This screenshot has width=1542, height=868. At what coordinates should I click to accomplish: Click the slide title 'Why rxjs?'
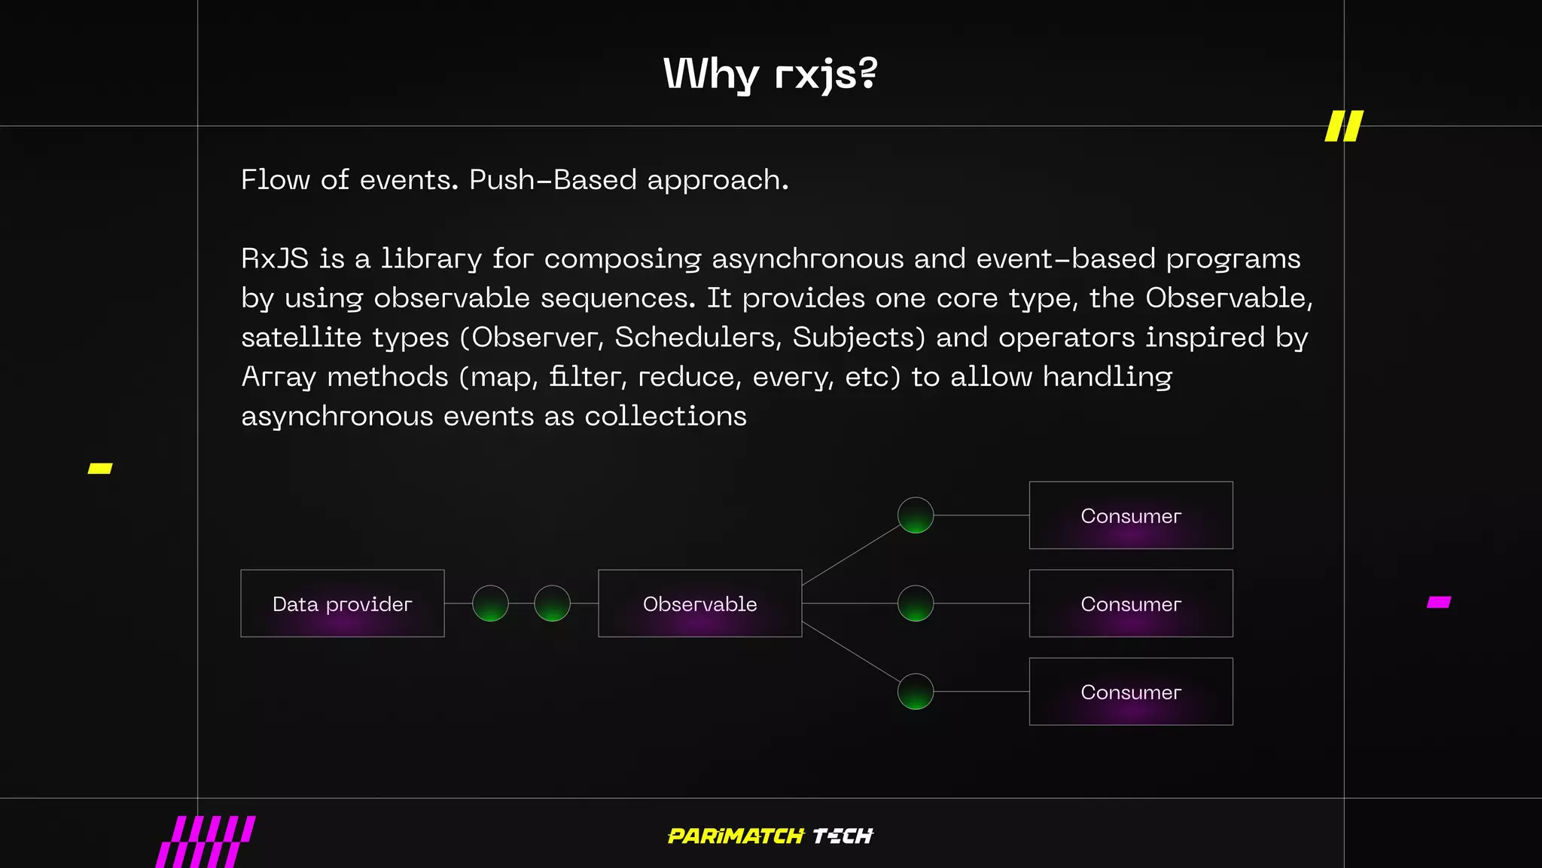click(x=770, y=74)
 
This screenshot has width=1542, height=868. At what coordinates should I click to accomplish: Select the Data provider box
click(x=343, y=604)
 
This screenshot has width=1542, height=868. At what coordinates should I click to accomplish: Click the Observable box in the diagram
click(x=699, y=604)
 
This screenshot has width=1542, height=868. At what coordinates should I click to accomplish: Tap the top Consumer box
click(x=1130, y=515)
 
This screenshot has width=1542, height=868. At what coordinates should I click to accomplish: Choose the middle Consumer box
click(x=1130, y=604)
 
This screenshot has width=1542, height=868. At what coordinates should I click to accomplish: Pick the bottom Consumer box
click(x=1130, y=692)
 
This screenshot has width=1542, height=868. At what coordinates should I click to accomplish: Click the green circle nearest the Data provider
click(x=490, y=604)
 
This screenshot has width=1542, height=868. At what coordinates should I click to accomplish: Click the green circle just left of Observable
click(x=552, y=604)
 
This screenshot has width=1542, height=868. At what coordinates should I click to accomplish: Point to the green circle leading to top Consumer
click(x=916, y=515)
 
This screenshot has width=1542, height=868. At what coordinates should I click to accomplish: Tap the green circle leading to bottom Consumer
click(x=916, y=692)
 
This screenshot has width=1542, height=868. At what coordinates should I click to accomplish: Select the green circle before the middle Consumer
click(x=916, y=604)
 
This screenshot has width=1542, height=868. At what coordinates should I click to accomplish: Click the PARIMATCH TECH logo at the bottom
click(x=770, y=836)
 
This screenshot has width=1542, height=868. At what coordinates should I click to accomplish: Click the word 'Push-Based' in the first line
click(x=553, y=180)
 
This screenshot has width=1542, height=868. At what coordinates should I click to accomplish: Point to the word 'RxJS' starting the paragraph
click(x=275, y=258)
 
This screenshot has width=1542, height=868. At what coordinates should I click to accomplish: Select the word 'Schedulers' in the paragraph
click(x=696, y=338)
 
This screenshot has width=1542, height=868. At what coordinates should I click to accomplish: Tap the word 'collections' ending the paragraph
click(x=666, y=416)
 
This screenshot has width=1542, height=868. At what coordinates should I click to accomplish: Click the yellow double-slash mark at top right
click(x=1344, y=126)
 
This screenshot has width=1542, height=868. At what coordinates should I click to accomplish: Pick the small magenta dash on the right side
click(x=1439, y=602)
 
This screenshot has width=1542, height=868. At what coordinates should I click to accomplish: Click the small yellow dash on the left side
click(x=100, y=469)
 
